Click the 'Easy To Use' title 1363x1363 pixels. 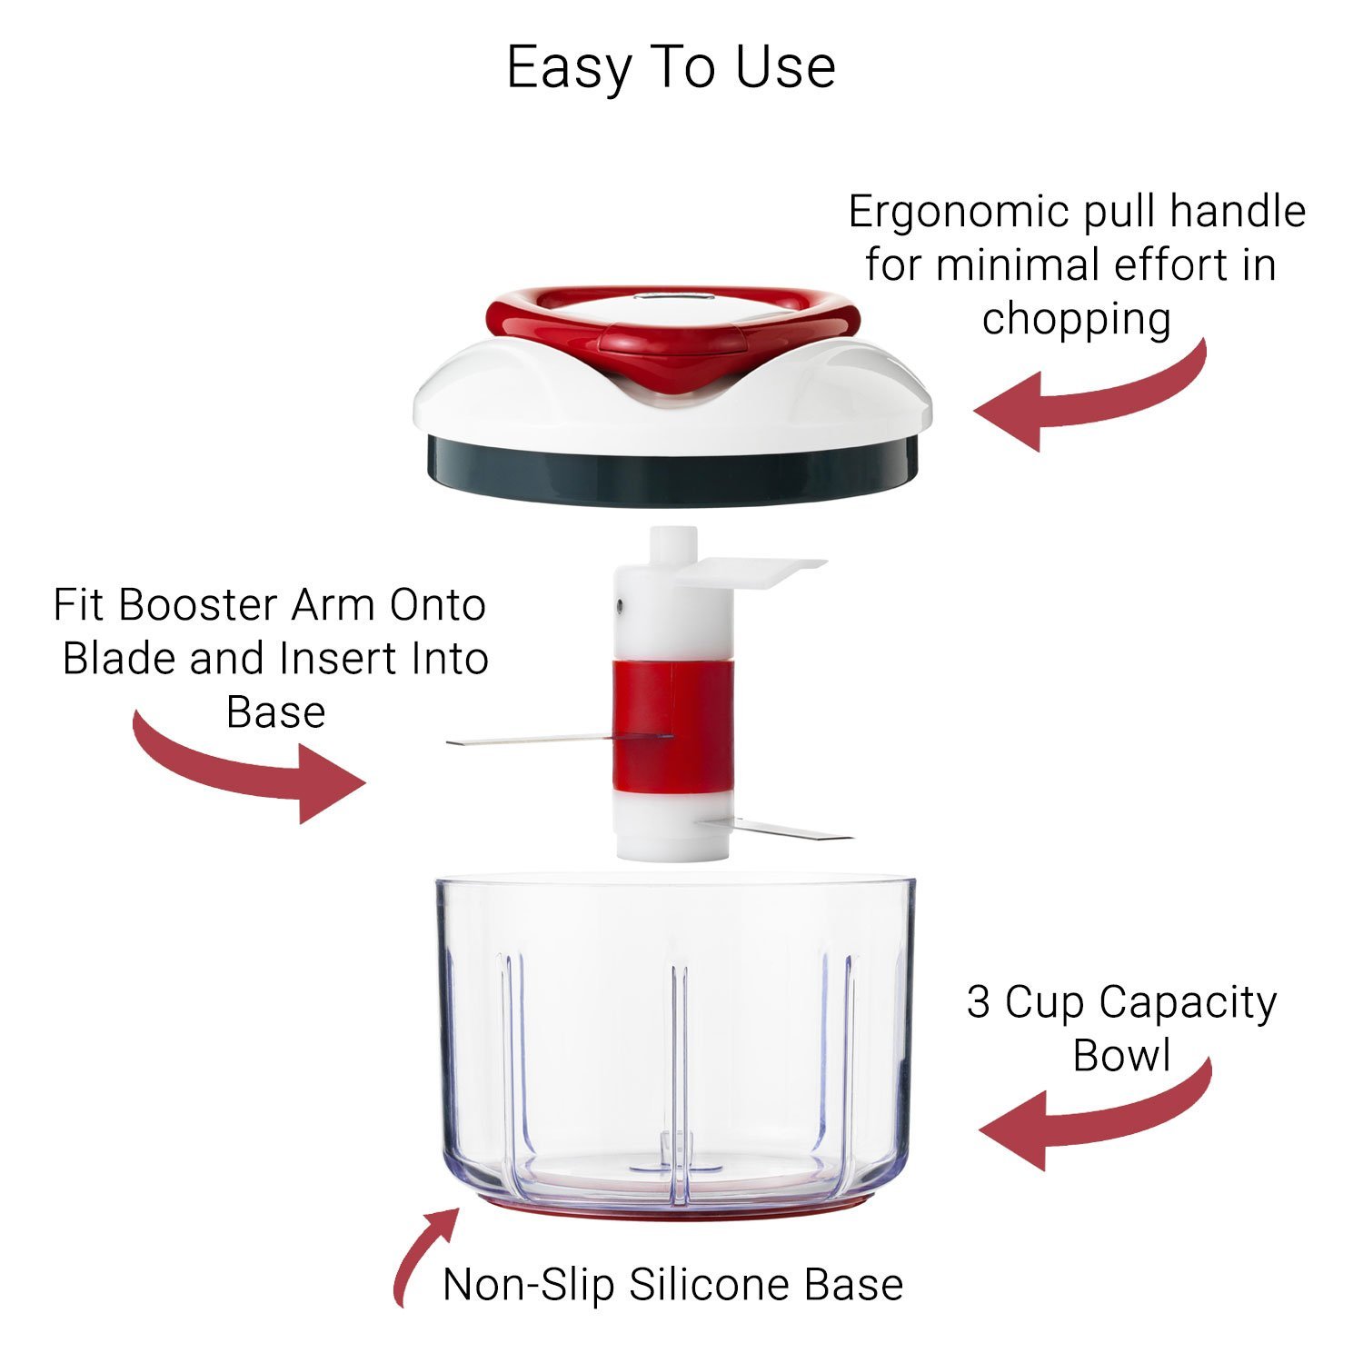671,67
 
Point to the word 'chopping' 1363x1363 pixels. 1076,319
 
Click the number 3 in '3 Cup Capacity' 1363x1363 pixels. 978,1002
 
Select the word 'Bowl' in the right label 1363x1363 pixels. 1121,1056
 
